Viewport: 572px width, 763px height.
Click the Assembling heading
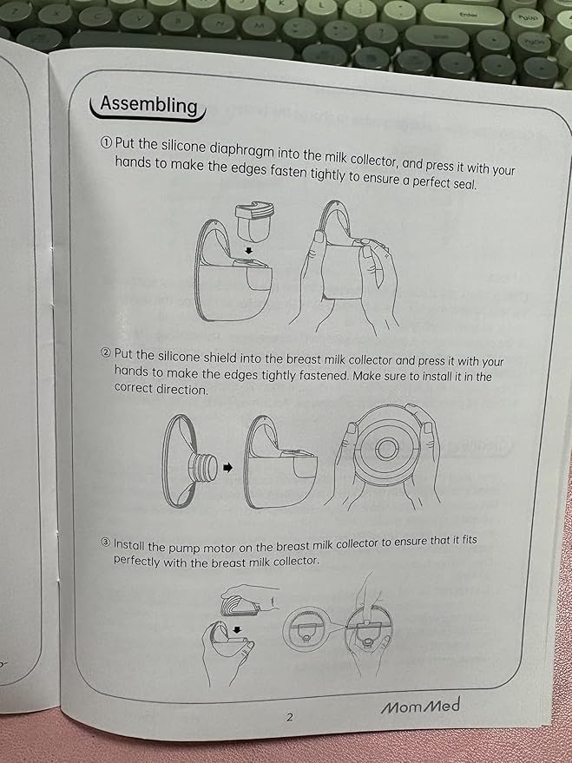click(148, 106)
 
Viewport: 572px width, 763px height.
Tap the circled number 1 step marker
click(106, 143)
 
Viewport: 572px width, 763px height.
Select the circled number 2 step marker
click(106, 353)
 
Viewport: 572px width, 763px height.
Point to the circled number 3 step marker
click(106, 543)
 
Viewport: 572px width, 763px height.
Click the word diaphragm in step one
click(244, 151)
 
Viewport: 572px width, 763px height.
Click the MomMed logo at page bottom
click(420, 706)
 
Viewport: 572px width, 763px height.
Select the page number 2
click(290, 717)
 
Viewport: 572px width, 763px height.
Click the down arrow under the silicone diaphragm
click(248, 251)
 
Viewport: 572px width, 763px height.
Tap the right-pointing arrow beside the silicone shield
click(227, 468)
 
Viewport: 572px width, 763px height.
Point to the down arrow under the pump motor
click(237, 630)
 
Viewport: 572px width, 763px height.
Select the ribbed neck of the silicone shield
click(205, 468)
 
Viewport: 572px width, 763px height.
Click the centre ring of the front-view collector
click(386, 448)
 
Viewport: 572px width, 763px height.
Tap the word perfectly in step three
click(136, 561)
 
